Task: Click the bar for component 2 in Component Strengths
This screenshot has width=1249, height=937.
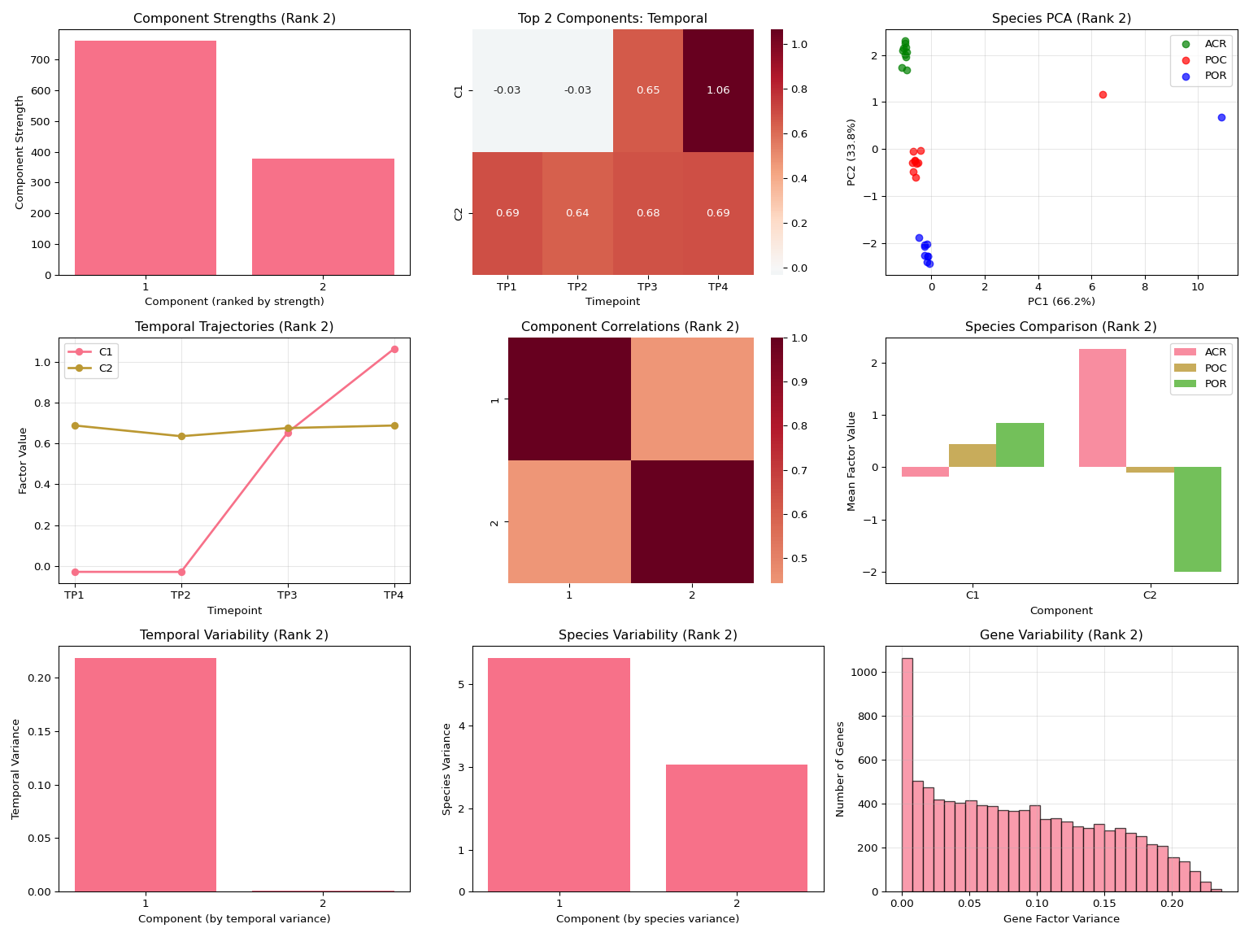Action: (x=323, y=216)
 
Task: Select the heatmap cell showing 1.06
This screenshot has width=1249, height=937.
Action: (x=718, y=90)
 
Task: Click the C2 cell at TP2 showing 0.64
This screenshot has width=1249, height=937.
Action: (x=577, y=213)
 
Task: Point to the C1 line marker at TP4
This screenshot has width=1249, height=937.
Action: (x=394, y=349)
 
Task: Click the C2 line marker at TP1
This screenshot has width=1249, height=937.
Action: (x=75, y=425)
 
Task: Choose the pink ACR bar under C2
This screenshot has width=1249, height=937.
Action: (x=1102, y=407)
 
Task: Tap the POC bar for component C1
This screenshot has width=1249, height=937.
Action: (x=973, y=455)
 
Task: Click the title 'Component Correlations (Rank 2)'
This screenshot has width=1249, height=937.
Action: (x=630, y=327)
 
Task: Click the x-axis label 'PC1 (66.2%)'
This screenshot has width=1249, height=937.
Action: (x=1061, y=302)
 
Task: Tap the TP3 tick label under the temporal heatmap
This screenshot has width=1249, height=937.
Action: (x=648, y=287)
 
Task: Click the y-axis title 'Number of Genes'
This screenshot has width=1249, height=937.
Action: (x=841, y=769)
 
